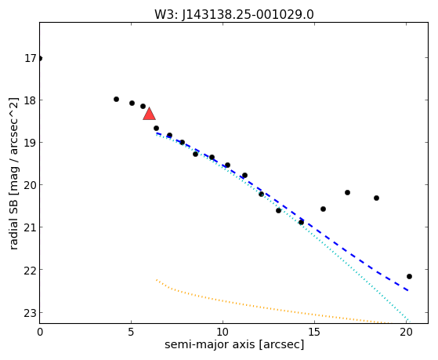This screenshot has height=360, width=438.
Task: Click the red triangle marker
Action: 149,114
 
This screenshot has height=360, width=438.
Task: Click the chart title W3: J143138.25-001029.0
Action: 234,15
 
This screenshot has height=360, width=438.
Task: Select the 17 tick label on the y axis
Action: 31,59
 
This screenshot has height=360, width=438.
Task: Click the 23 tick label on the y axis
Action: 31,313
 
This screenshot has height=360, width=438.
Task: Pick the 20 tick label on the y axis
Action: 31,185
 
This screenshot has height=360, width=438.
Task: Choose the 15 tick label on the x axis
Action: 314,332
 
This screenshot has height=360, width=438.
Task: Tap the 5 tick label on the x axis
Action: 132,332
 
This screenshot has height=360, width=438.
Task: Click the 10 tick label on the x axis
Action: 223,332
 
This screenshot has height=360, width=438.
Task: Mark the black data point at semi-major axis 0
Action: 40,59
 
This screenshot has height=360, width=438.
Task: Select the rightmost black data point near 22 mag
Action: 409,276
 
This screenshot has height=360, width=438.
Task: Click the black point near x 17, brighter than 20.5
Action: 347,192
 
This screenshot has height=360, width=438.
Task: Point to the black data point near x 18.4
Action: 376,198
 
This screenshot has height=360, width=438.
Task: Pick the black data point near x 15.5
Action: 323,209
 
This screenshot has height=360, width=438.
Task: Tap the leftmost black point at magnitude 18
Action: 116,100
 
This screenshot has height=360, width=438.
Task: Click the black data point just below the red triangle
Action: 156,129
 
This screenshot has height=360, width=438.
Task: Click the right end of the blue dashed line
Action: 408,291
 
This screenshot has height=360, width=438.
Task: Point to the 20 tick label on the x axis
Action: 406,332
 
